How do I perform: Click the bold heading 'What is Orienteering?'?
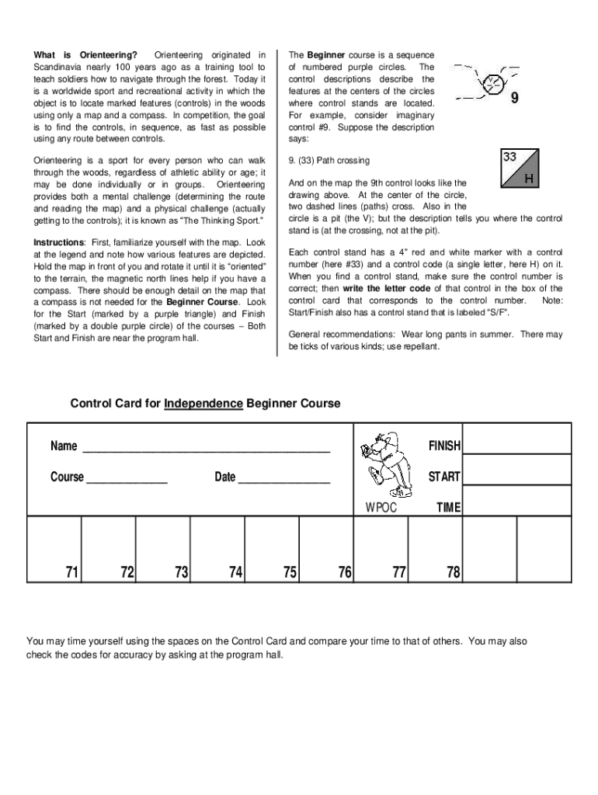pos(85,55)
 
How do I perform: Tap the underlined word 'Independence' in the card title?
pos(203,404)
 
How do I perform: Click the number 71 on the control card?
pos(72,573)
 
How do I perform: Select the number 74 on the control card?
pos(235,573)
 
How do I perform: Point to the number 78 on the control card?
pos(454,573)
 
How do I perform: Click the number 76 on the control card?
pos(345,573)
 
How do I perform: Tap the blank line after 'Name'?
pos(206,448)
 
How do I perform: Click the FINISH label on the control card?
pos(444,446)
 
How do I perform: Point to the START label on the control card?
pos(444,477)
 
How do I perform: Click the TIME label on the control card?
pos(448,508)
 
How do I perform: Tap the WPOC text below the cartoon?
pos(381,508)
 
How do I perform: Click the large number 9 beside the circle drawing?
pos(514,99)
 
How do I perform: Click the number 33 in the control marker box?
pos(509,158)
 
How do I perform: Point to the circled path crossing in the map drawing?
pos(488,83)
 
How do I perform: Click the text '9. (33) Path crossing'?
pos(329,161)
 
